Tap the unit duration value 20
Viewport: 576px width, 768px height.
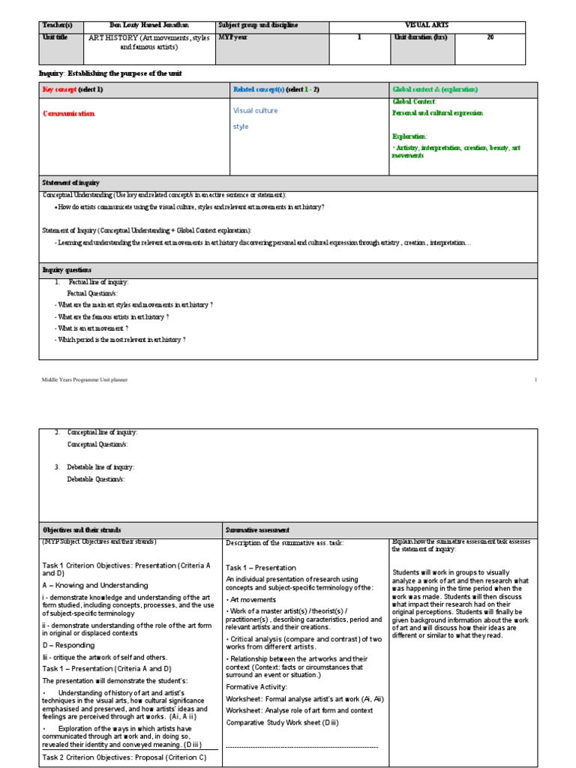(490, 37)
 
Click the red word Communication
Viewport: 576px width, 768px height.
(69, 113)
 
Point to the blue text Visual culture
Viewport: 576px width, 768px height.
(255, 110)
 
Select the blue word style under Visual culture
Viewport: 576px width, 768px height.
(241, 127)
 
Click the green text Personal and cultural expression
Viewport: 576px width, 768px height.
(437, 112)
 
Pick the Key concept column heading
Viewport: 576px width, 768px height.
(73, 89)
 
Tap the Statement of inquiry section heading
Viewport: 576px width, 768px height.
(71, 183)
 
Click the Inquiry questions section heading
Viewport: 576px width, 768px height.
(67, 269)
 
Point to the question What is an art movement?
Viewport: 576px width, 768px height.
(91, 328)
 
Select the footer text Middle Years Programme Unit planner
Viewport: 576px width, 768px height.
(84, 380)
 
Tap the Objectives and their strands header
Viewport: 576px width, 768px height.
(82, 529)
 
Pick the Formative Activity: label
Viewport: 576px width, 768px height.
(256, 686)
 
